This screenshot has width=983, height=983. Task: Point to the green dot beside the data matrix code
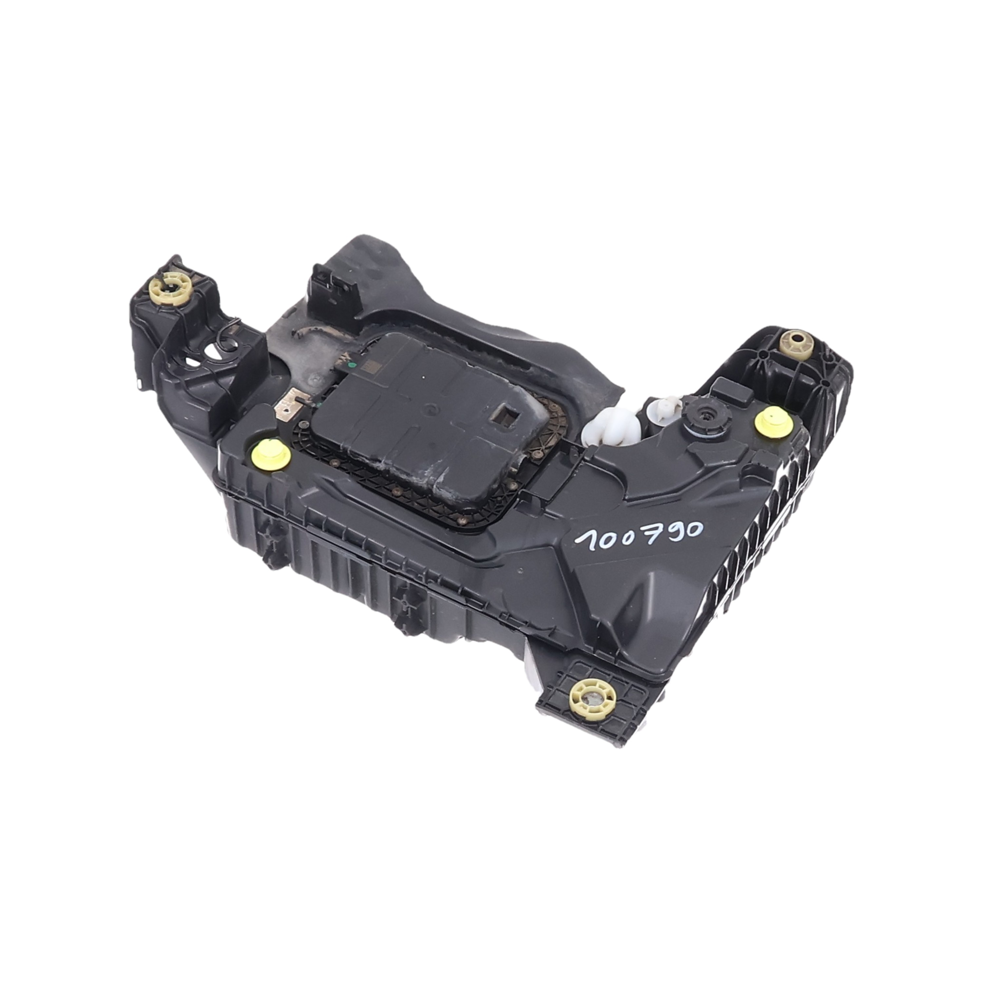[350, 365]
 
